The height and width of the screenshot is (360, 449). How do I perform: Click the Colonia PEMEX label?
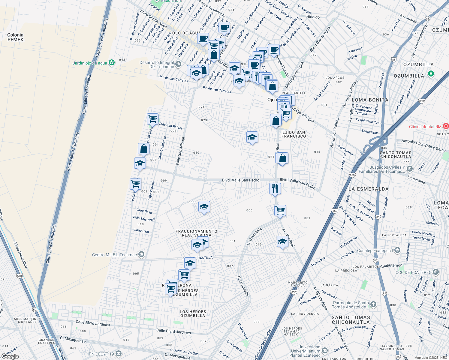tap(15, 37)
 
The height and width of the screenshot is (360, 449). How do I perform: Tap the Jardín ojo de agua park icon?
tap(112, 63)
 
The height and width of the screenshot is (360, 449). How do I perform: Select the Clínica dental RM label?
tap(425, 127)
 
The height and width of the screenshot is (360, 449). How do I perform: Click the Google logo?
tap(10, 356)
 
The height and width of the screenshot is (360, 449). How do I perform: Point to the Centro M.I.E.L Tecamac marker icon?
tap(141, 255)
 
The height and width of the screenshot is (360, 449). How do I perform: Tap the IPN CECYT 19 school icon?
tap(118, 354)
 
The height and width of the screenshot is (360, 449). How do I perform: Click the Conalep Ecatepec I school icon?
tap(397, 250)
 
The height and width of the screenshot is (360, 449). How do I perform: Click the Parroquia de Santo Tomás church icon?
tap(373, 304)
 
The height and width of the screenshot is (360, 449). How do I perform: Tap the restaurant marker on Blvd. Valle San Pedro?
tap(275, 189)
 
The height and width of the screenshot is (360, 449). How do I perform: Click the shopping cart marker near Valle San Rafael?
tap(152, 119)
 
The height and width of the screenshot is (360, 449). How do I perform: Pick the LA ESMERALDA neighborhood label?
tap(368, 189)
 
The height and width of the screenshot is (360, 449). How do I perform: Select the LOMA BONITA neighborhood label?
tap(370, 100)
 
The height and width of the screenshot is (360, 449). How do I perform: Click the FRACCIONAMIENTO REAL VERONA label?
tap(196, 233)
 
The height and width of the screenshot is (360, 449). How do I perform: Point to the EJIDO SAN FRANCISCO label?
tap(294, 134)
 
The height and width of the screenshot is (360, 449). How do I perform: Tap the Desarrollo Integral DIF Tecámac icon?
tap(178, 64)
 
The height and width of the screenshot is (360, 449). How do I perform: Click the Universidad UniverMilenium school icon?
tap(324, 351)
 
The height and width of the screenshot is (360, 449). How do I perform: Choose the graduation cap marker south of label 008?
tap(204, 207)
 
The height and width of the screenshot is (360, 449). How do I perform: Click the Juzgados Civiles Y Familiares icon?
tap(409, 169)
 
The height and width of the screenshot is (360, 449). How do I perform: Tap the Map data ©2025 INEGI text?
tap(431, 358)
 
